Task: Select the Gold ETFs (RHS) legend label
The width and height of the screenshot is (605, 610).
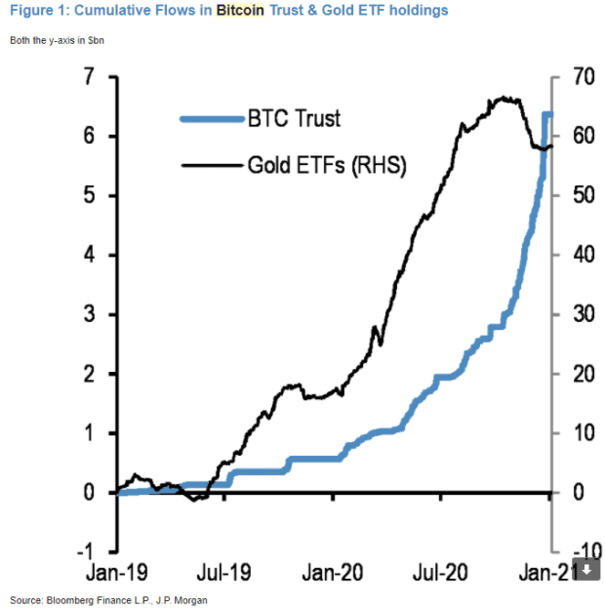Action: coord(326,166)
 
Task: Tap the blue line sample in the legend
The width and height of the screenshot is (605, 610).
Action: coord(213,119)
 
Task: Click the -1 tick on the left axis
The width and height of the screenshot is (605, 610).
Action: coord(85,552)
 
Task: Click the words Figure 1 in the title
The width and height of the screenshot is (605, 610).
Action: coord(36,11)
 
